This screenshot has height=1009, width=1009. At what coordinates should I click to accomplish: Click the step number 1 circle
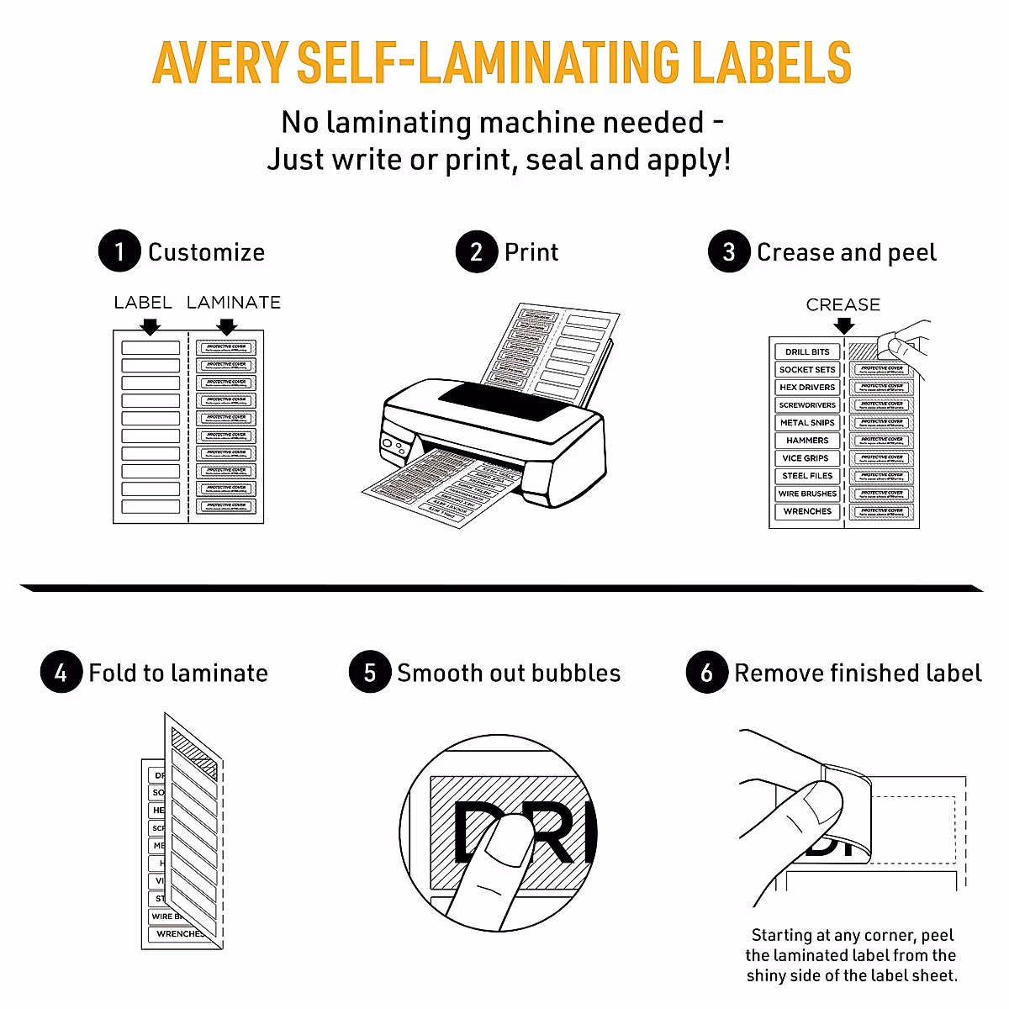click(119, 251)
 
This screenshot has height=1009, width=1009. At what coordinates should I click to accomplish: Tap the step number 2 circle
click(477, 251)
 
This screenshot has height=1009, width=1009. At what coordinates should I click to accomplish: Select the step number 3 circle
click(729, 251)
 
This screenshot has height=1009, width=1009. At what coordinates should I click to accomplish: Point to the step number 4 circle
click(61, 673)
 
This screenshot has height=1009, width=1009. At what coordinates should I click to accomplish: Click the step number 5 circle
click(370, 673)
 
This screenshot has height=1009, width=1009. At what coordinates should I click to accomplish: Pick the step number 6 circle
click(707, 673)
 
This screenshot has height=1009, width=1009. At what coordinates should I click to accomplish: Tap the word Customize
click(206, 252)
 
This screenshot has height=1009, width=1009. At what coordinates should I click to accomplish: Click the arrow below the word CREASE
click(843, 325)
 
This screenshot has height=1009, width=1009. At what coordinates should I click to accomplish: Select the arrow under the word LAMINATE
click(226, 325)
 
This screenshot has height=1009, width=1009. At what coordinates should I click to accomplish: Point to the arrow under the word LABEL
click(151, 325)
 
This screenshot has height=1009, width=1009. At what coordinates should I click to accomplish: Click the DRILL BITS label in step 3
click(807, 351)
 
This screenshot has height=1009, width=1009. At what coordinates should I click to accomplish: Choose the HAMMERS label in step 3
click(807, 441)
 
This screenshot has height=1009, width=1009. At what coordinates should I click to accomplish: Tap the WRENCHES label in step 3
click(807, 511)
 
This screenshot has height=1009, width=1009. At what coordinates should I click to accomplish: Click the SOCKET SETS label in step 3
click(807, 370)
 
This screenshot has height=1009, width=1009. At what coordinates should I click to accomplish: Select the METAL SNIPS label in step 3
click(807, 423)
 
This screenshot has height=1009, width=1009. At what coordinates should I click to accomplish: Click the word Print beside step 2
click(531, 252)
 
